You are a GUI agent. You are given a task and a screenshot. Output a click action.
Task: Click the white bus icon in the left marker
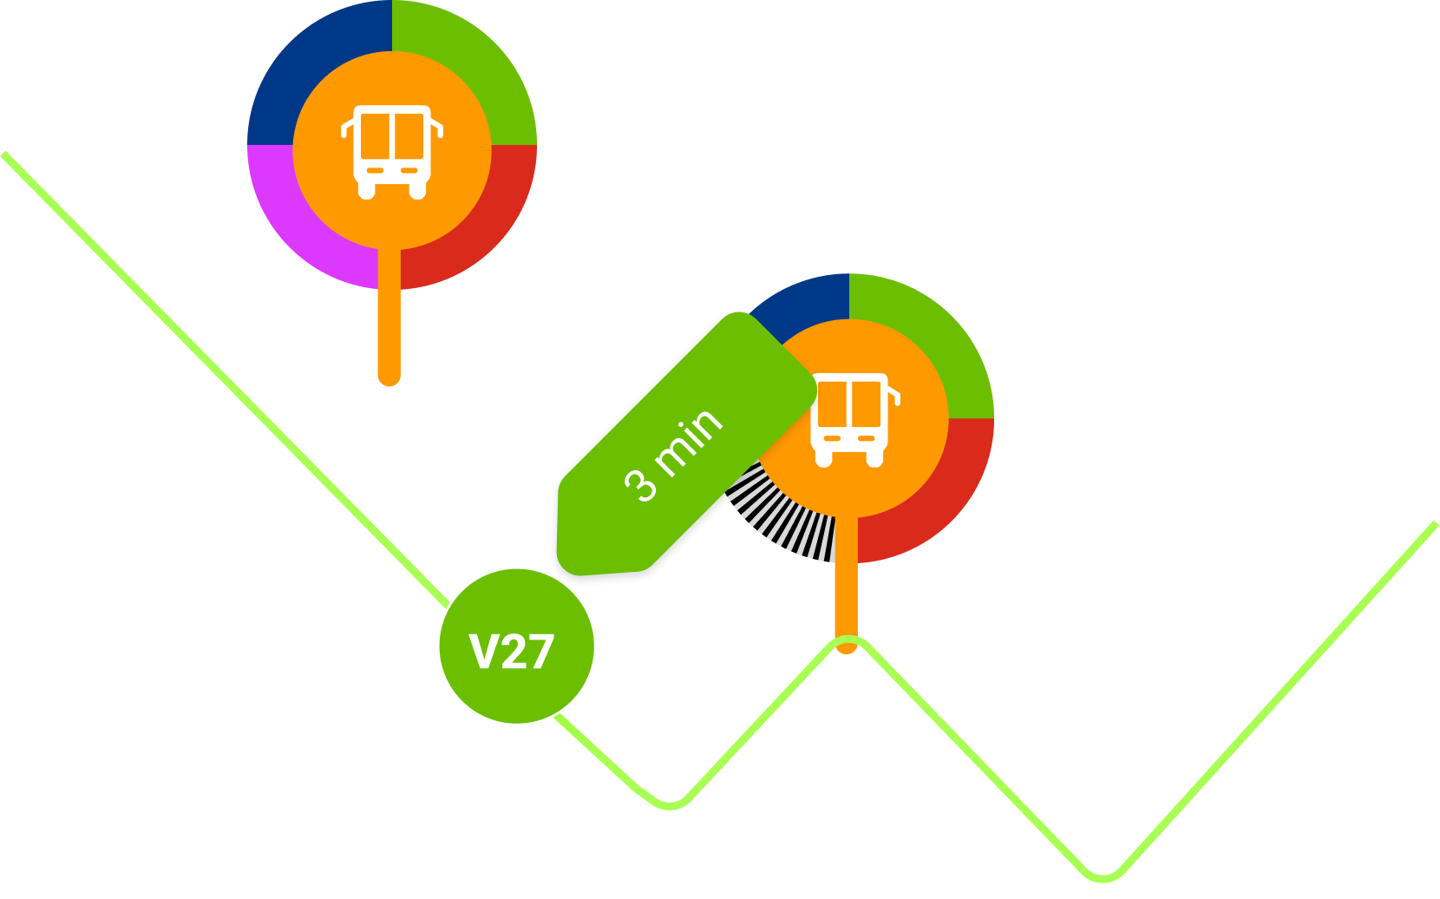pos(392,150)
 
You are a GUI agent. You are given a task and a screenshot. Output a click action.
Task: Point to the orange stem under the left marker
pos(389,330)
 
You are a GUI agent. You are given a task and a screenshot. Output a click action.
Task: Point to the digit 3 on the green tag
pos(642,484)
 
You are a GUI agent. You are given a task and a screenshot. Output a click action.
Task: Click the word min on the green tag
pos(690,440)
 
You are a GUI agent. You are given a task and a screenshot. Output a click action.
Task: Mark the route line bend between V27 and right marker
pos(671,803)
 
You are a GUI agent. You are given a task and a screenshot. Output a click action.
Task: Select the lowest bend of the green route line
pos(1102,875)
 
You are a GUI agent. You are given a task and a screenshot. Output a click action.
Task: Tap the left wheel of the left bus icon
pos(367,192)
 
